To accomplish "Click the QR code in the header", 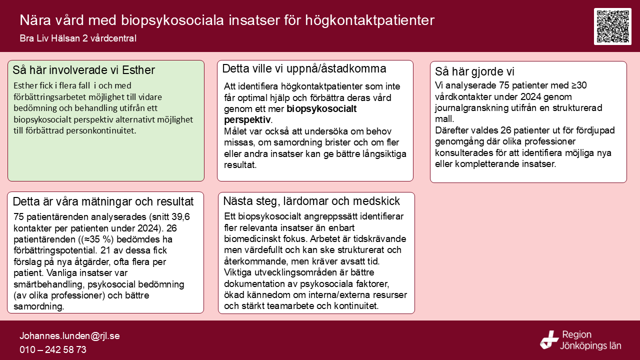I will [x=612, y=26].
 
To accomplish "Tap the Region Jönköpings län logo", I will [x=580, y=340].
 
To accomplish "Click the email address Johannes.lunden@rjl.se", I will [x=69, y=336].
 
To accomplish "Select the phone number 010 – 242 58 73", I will [x=53, y=349].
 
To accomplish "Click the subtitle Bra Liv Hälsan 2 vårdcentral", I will [x=78, y=38].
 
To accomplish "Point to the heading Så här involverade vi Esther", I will [x=83, y=70].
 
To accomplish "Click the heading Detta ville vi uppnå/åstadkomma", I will [x=304, y=68].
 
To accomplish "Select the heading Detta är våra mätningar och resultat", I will [x=103, y=202].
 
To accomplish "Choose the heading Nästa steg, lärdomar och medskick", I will [x=311, y=201].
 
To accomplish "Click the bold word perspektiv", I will [x=247, y=119].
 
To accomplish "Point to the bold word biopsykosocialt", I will [x=321, y=108].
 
